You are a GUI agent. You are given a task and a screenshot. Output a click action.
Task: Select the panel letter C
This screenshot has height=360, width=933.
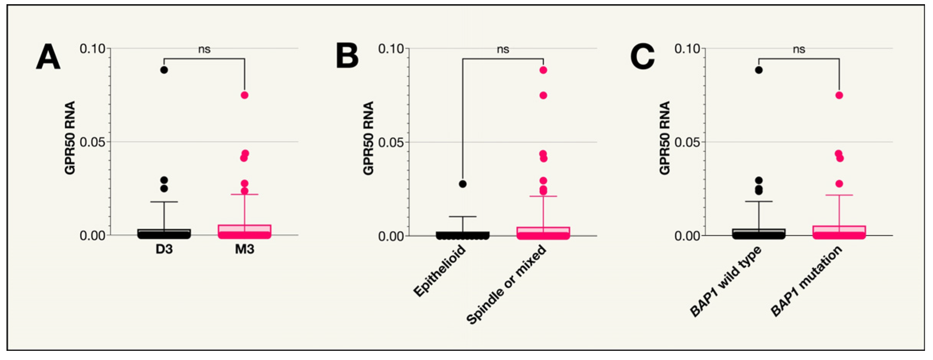click(x=642, y=57)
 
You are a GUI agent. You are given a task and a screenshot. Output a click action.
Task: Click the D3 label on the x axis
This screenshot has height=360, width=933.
click(x=164, y=250)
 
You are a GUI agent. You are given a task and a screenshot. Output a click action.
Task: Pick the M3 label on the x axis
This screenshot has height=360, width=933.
click(x=245, y=250)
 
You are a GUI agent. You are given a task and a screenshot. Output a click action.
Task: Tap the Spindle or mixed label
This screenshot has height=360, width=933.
click(x=507, y=285)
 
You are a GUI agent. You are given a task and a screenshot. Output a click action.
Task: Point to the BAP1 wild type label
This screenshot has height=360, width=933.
click(x=726, y=281)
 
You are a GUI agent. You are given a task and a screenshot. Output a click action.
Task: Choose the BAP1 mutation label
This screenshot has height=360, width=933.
click(x=806, y=281)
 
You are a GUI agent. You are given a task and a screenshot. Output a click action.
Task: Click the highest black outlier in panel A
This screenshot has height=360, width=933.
click(x=164, y=70)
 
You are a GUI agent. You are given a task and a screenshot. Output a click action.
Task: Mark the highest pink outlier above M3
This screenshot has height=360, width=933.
click(x=245, y=95)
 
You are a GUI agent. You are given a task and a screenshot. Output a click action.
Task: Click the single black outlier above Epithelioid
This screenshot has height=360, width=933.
click(x=463, y=184)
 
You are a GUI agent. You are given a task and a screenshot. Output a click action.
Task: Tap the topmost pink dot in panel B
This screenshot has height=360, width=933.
click(x=543, y=70)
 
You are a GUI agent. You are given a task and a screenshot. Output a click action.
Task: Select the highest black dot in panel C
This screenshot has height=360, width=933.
click(x=759, y=70)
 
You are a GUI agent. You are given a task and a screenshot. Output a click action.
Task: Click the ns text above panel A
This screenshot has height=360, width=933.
click(x=204, y=49)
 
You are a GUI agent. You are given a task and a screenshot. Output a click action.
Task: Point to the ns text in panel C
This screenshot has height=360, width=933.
click(x=799, y=49)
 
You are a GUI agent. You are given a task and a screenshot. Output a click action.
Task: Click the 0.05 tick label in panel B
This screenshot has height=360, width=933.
click(x=390, y=143)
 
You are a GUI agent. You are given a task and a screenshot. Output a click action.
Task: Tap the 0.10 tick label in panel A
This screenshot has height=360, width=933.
click(x=92, y=49)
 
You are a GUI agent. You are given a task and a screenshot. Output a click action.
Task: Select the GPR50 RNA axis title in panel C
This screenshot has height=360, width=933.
click(x=665, y=138)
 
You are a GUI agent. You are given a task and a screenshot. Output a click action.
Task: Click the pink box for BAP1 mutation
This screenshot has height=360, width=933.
click(x=839, y=232)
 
